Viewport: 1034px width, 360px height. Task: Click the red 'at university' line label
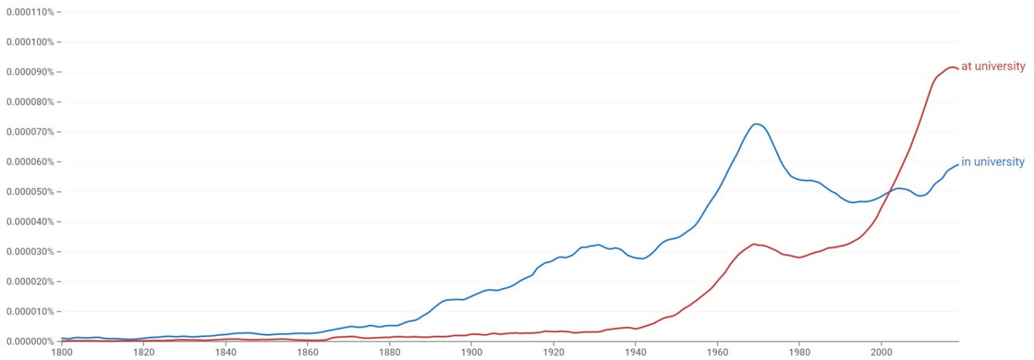pyautogui.click(x=993, y=67)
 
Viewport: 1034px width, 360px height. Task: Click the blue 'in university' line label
pyautogui.click(x=992, y=161)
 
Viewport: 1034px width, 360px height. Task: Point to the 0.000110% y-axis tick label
pyautogui.click(x=30, y=12)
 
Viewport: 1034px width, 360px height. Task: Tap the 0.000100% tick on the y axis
pyautogui.click(x=30, y=42)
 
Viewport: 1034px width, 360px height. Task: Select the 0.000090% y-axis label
pyautogui.click(x=30, y=72)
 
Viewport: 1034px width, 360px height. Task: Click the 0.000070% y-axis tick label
pyautogui.click(x=30, y=132)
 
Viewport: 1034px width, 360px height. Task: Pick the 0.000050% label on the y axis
pyautogui.click(x=30, y=192)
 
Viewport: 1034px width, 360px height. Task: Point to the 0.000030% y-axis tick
pyautogui.click(x=30, y=252)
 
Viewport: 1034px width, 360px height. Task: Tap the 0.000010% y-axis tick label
pyautogui.click(x=30, y=312)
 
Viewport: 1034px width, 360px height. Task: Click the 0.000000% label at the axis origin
pyautogui.click(x=30, y=341)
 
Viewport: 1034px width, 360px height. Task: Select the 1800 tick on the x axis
pyautogui.click(x=61, y=352)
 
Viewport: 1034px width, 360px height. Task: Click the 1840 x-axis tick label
pyautogui.click(x=226, y=352)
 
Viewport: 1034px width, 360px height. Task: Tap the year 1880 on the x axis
pyautogui.click(x=390, y=352)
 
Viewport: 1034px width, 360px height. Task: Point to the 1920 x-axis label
pyautogui.click(x=553, y=352)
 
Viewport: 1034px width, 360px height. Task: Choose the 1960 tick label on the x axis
pyautogui.click(x=718, y=352)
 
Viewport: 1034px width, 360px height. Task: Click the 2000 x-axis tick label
pyautogui.click(x=881, y=352)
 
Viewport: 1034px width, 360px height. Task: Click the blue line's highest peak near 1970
pyautogui.click(x=757, y=124)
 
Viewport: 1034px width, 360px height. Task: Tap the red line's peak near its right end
pyautogui.click(x=951, y=67)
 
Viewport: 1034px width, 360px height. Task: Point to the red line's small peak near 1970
pyautogui.click(x=754, y=244)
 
